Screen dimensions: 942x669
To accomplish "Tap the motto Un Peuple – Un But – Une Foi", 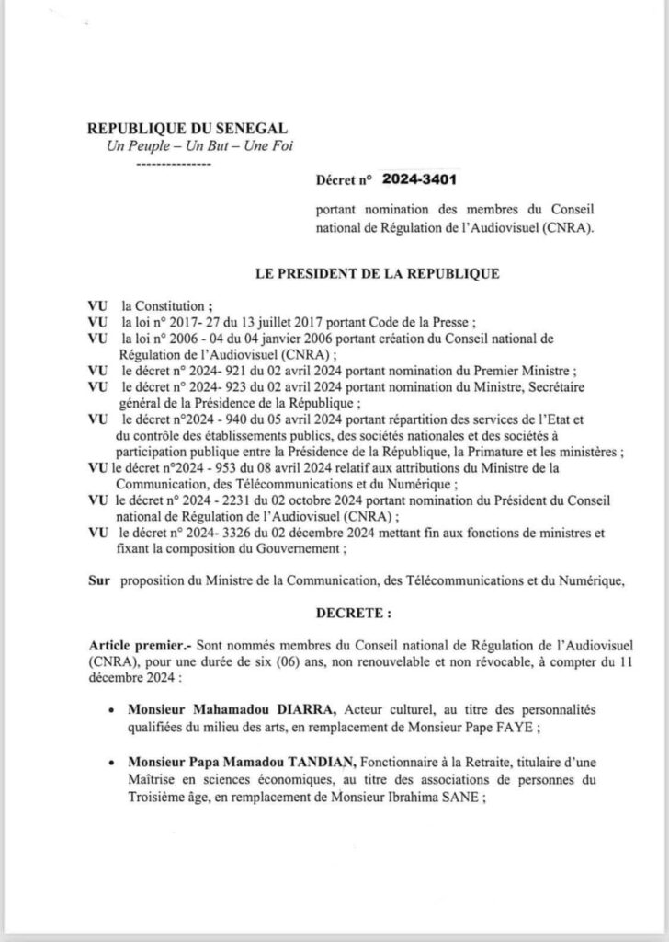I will click(x=176, y=147).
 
